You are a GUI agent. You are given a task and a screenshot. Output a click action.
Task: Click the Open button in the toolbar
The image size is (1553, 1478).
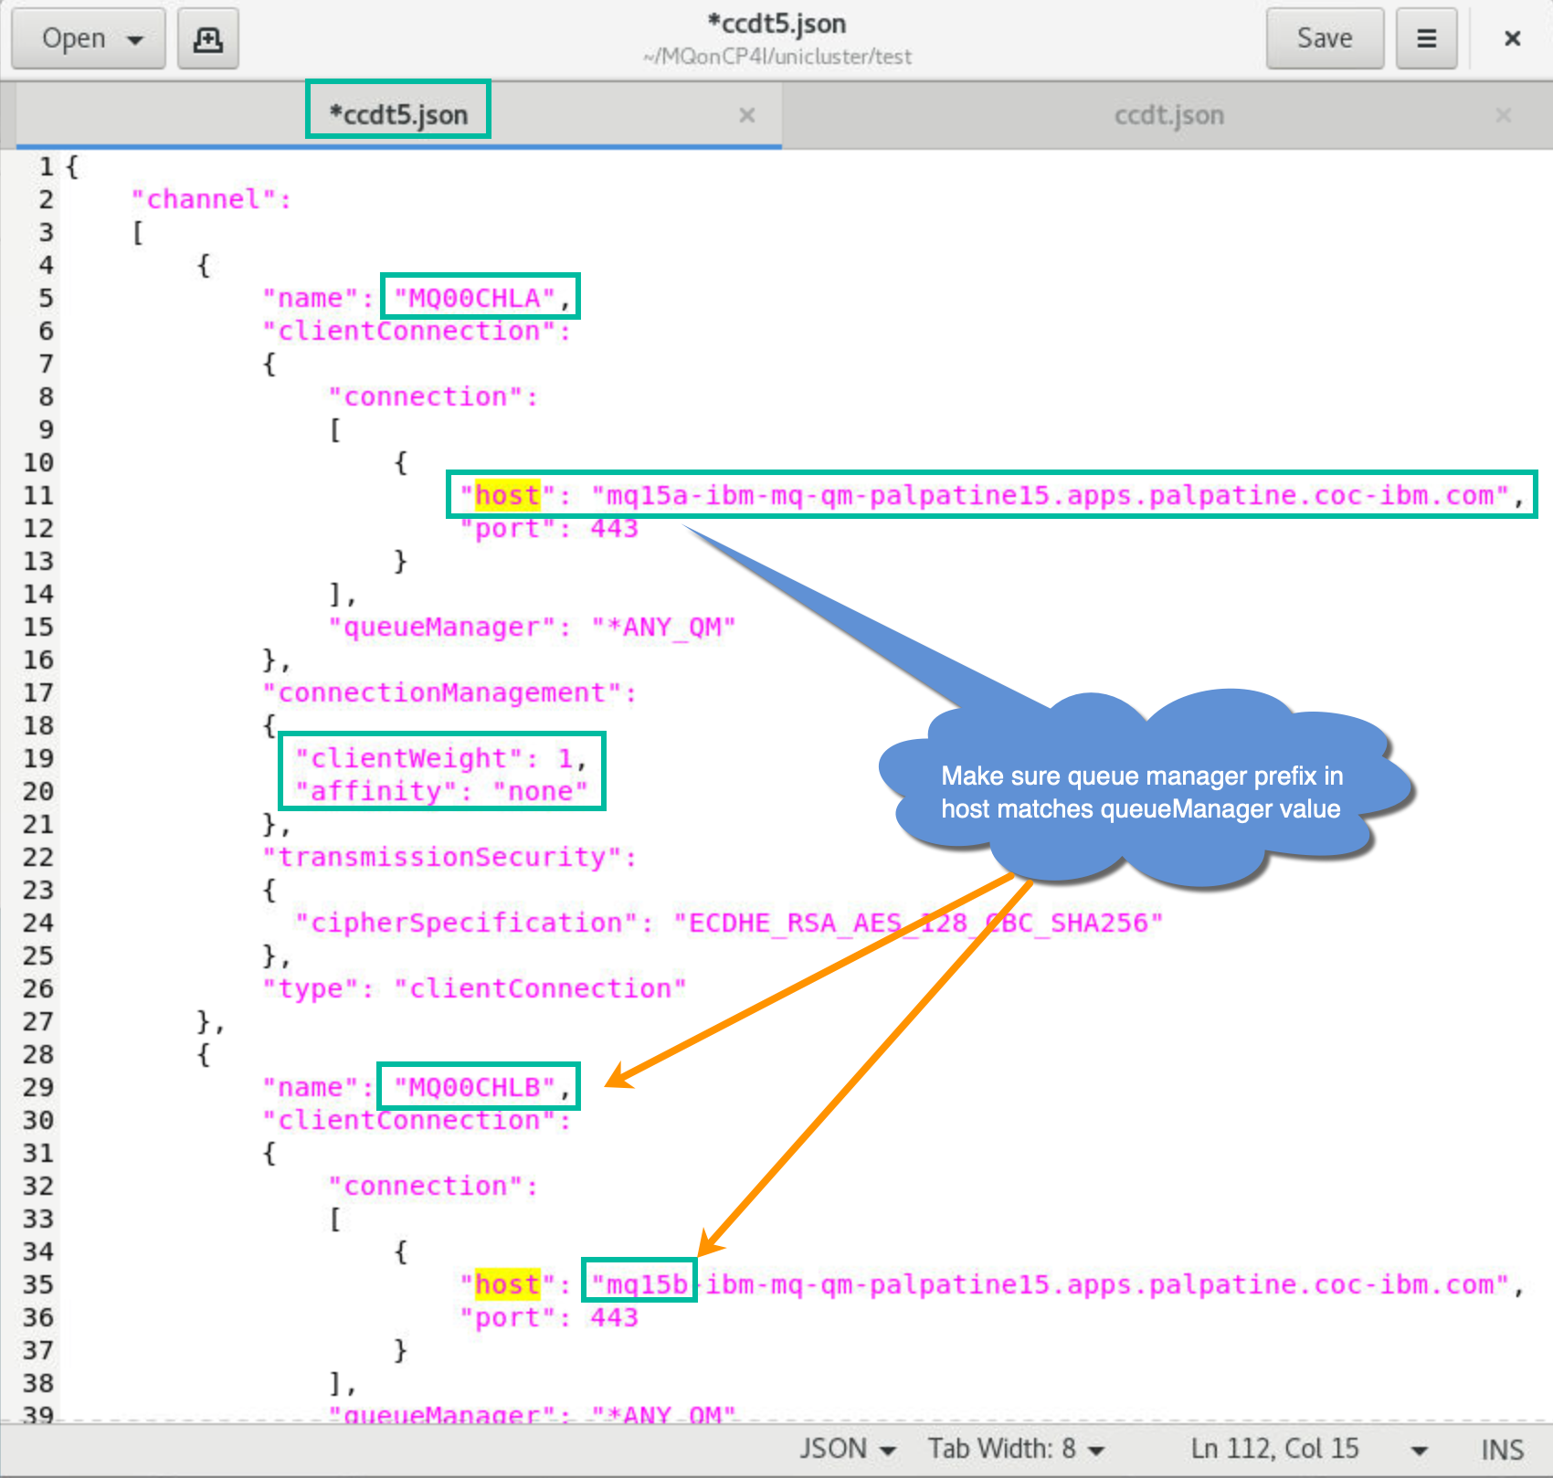coord(88,38)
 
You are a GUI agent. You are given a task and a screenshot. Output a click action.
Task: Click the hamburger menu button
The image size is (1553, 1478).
coord(1426,38)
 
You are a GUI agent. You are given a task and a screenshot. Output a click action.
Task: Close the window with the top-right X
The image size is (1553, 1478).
coord(1512,38)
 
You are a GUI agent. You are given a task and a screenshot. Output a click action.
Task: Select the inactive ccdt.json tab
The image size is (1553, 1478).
coord(1168,115)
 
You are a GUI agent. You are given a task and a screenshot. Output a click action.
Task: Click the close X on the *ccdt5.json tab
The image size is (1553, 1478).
coord(746,115)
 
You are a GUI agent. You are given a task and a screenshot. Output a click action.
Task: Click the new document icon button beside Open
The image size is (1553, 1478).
coord(207,38)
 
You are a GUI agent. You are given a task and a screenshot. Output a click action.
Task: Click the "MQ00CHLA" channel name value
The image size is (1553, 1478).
coord(474,298)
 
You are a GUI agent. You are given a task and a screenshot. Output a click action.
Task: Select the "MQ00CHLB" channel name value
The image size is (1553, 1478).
coord(474,1087)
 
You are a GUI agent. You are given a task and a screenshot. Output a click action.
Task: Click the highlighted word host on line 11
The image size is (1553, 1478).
coord(507,495)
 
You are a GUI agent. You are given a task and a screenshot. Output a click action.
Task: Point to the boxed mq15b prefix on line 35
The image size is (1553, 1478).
coord(639,1284)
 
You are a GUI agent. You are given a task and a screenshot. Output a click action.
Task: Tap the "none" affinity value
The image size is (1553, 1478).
coord(540,791)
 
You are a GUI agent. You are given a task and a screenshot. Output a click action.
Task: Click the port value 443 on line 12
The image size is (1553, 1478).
coord(614,528)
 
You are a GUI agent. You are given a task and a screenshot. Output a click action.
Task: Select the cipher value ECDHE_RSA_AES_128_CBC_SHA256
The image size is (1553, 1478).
coord(917,923)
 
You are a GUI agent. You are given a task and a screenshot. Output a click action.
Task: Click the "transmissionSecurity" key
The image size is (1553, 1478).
coord(449,857)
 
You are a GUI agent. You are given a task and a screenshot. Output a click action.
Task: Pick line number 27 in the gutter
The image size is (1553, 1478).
coord(38,1021)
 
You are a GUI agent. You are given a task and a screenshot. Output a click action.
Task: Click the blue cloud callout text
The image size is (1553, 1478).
coord(1142,792)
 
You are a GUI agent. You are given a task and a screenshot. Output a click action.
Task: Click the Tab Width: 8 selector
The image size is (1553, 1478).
coord(1016,1449)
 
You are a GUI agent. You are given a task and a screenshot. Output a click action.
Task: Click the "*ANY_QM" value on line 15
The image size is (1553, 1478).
coord(663,627)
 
